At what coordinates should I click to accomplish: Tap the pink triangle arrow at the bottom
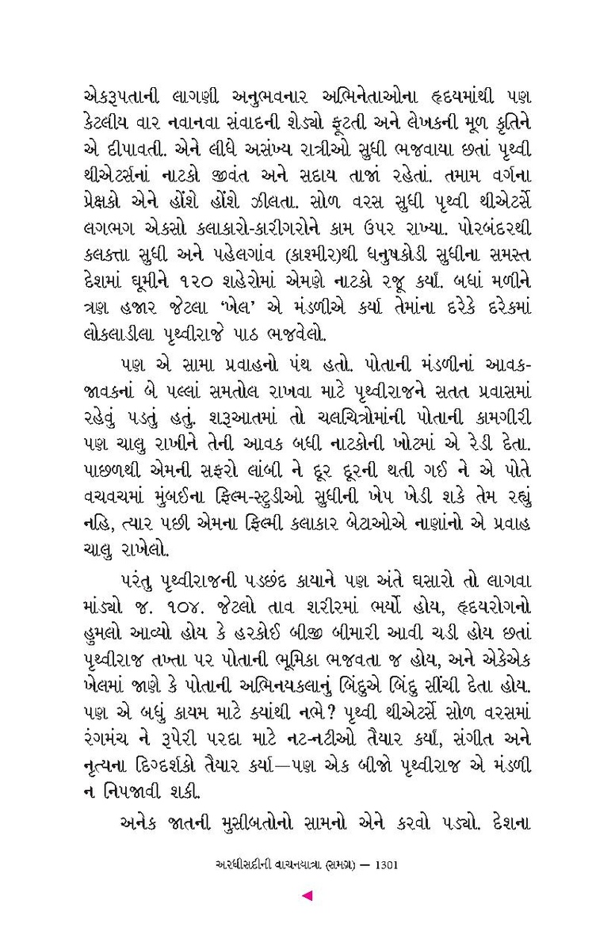(307, 896)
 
